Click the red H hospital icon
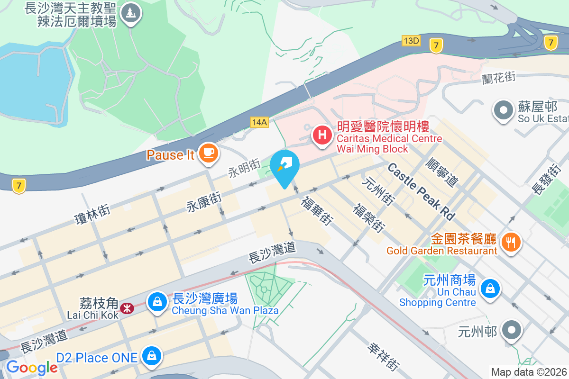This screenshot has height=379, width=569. point(322,135)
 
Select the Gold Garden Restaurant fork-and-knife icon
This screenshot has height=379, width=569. point(511,243)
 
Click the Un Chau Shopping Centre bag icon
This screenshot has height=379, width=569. point(491,288)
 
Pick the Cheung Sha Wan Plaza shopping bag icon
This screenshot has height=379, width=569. point(156,301)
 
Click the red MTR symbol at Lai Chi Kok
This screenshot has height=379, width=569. point(127,308)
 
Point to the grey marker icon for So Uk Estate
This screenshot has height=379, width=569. point(504,111)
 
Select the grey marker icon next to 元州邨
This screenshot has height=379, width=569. point(512,330)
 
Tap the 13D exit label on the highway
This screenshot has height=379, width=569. point(411,41)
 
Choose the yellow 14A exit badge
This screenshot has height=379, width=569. point(259,122)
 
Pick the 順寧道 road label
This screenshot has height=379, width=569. point(443,172)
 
